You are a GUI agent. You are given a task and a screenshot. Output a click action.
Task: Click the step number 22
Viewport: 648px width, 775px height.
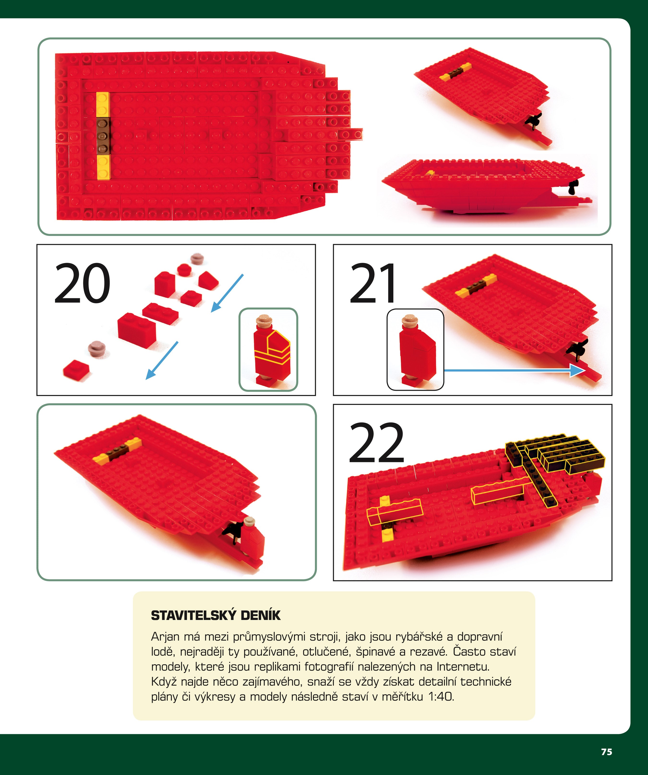[x=376, y=443]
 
